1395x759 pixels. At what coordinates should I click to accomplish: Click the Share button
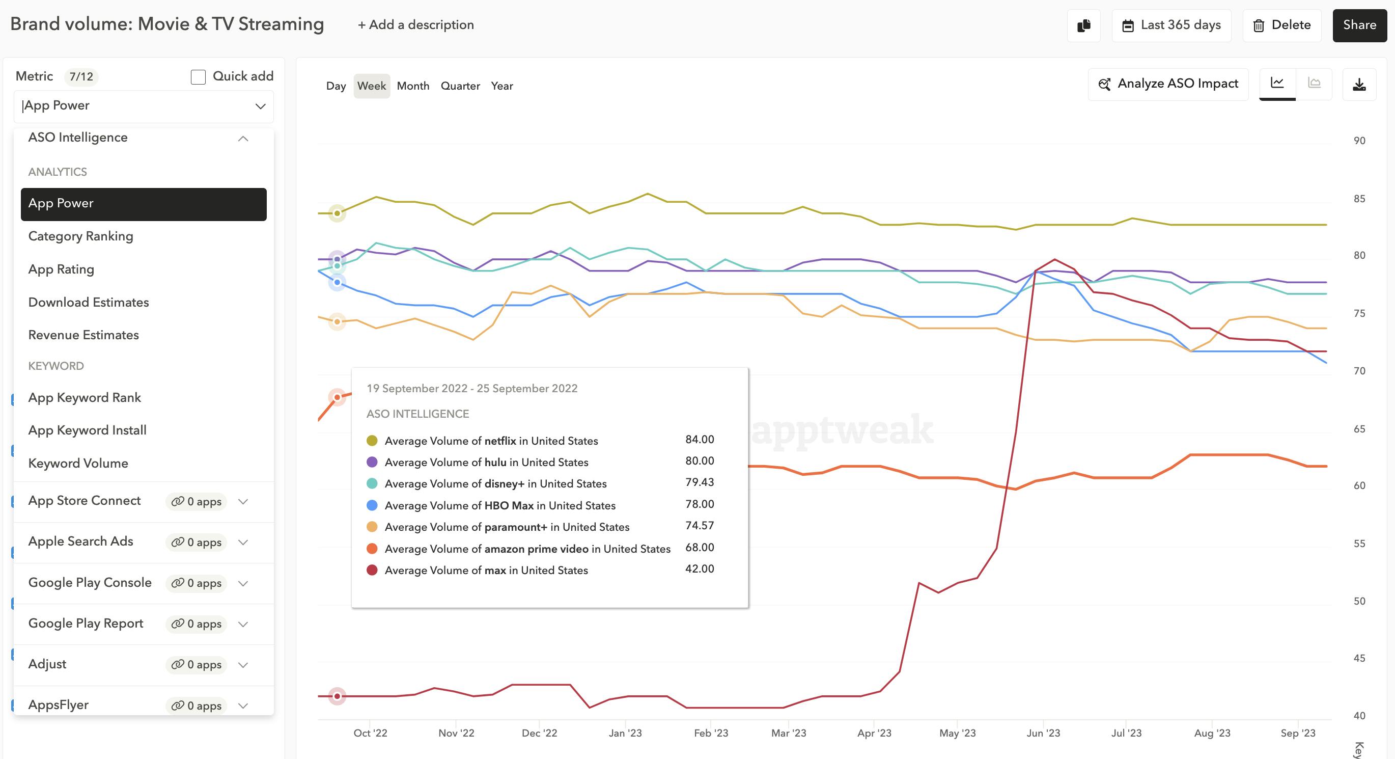pyautogui.click(x=1359, y=25)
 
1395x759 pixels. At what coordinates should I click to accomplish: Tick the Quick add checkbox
pyautogui.click(x=198, y=77)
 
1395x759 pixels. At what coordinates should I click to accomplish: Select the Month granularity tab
pyautogui.click(x=413, y=86)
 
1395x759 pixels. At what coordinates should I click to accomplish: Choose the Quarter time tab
pyautogui.click(x=460, y=86)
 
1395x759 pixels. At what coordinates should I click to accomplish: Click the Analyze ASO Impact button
pyautogui.click(x=1168, y=84)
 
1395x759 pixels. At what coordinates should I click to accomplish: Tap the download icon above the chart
pyautogui.click(x=1359, y=85)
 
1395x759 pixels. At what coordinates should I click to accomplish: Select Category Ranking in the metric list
pyautogui.click(x=80, y=236)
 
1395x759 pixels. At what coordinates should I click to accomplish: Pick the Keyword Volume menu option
pyautogui.click(x=78, y=463)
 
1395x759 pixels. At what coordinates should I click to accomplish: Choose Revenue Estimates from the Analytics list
pyautogui.click(x=83, y=335)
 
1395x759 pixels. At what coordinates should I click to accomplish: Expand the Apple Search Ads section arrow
pyautogui.click(x=243, y=543)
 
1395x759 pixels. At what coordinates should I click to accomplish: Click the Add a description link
pyautogui.click(x=415, y=25)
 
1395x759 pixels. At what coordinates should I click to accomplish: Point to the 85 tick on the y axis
pyautogui.click(x=1359, y=199)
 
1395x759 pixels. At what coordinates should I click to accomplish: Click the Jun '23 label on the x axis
pyautogui.click(x=1043, y=733)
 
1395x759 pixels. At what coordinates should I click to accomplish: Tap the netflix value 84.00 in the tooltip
pyautogui.click(x=699, y=440)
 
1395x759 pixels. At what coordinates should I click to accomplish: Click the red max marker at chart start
pyautogui.click(x=337, y=696)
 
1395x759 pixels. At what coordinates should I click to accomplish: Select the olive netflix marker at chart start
pyautogui.click(x=337, y=213)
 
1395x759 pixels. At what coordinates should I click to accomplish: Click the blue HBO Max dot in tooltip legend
pyautogui.click(x=372, y=505)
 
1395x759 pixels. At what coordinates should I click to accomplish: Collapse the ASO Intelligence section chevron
pyautogui.click(x=243, y=139)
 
